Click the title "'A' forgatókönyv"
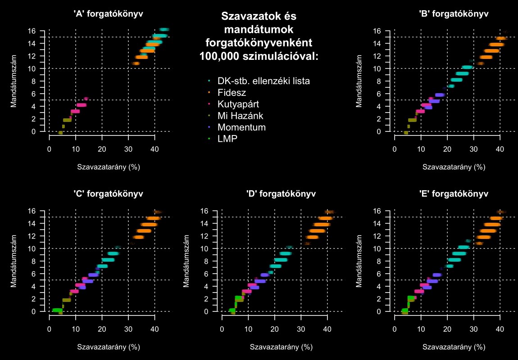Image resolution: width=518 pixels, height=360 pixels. tap(108, 14)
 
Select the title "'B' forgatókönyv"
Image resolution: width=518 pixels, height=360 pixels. tap(454, 14)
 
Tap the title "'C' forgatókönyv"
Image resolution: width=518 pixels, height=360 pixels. tap(108, 194)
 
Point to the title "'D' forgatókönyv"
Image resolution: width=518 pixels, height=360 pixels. tap(281, 194)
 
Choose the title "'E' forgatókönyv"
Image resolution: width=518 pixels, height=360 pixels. tap(454, 194)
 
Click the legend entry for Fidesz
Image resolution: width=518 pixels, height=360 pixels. tap(232, 93)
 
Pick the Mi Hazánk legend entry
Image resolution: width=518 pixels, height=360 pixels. tap(239, 116)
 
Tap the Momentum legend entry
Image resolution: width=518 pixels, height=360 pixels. tap(241, 127)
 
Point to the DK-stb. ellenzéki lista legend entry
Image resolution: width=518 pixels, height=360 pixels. tap(264, 81)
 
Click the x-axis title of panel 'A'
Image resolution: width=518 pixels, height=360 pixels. tap(108, 167)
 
